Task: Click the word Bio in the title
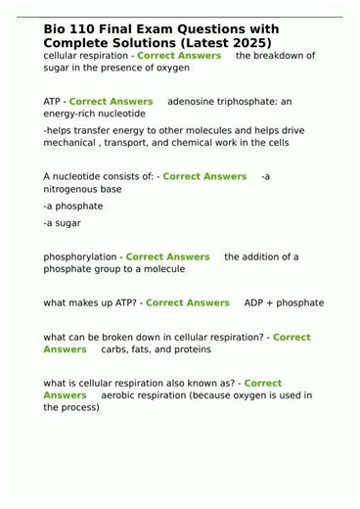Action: coord(57,31)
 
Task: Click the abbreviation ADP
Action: coord(254,302)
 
